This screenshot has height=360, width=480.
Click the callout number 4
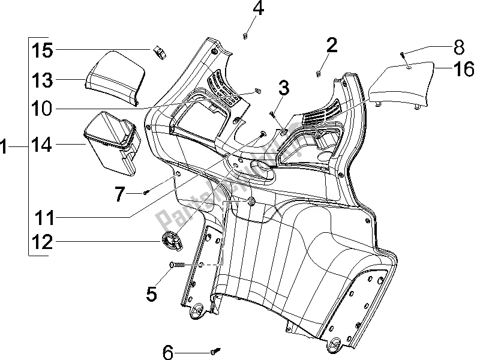click(x=257, y=10)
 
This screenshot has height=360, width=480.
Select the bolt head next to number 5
click(x=175, y=265)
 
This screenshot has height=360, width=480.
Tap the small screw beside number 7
click(x=146, y=193)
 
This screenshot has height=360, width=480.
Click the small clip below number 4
click(x=246, y=36)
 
